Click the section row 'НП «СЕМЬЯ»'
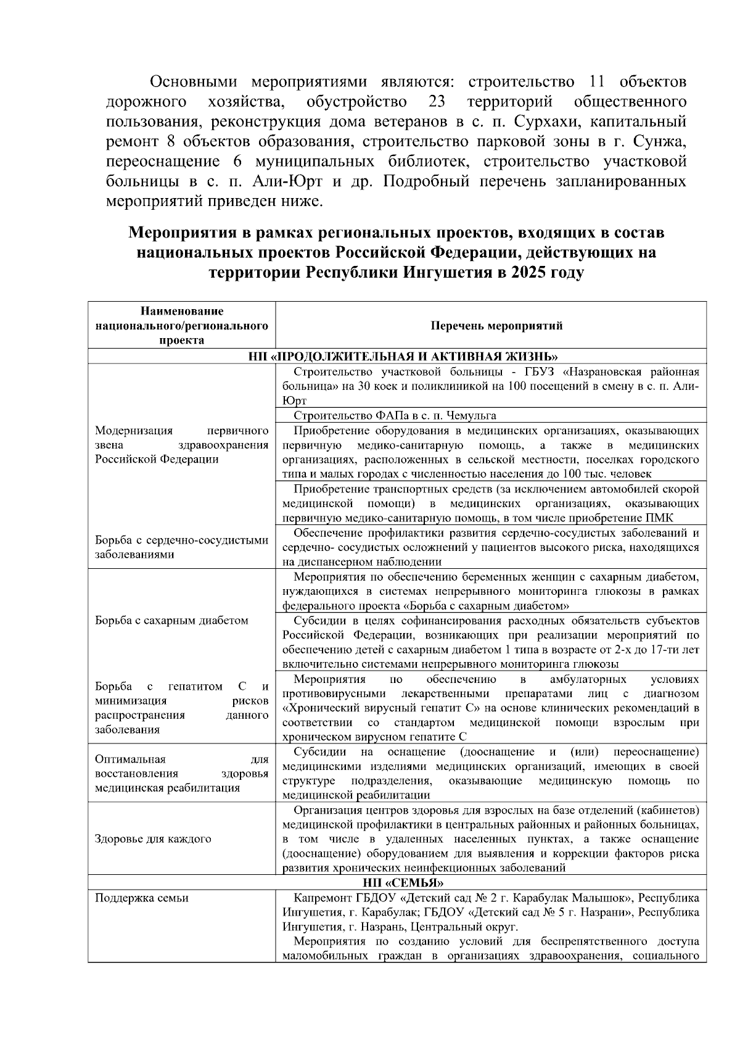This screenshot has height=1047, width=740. click(x=398, y=882)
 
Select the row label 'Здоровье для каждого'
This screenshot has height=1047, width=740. click(x=153, y=839)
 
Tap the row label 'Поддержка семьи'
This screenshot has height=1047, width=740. click(x=142, y=898)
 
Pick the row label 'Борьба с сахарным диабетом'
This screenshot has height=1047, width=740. click(x=171, y=620)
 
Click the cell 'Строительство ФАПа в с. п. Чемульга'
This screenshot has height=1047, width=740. click(x=395, y=415)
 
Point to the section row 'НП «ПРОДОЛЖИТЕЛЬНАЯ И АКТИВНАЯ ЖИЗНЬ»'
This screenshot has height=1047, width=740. click(x=398, y=357)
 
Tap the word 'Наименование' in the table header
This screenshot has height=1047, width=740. click(x=181, y=311)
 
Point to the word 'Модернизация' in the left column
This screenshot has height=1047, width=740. click(x=134, y=430)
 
